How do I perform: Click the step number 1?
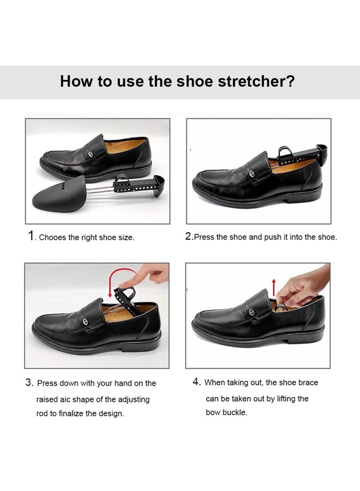(x=32, y=236)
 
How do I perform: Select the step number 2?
(x=188, y=236)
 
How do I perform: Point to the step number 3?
(x=29, y=383)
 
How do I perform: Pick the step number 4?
(x=196, y=382)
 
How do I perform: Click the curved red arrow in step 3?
(x=113, y=283)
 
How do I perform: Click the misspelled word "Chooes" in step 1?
(x=52, y=237)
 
